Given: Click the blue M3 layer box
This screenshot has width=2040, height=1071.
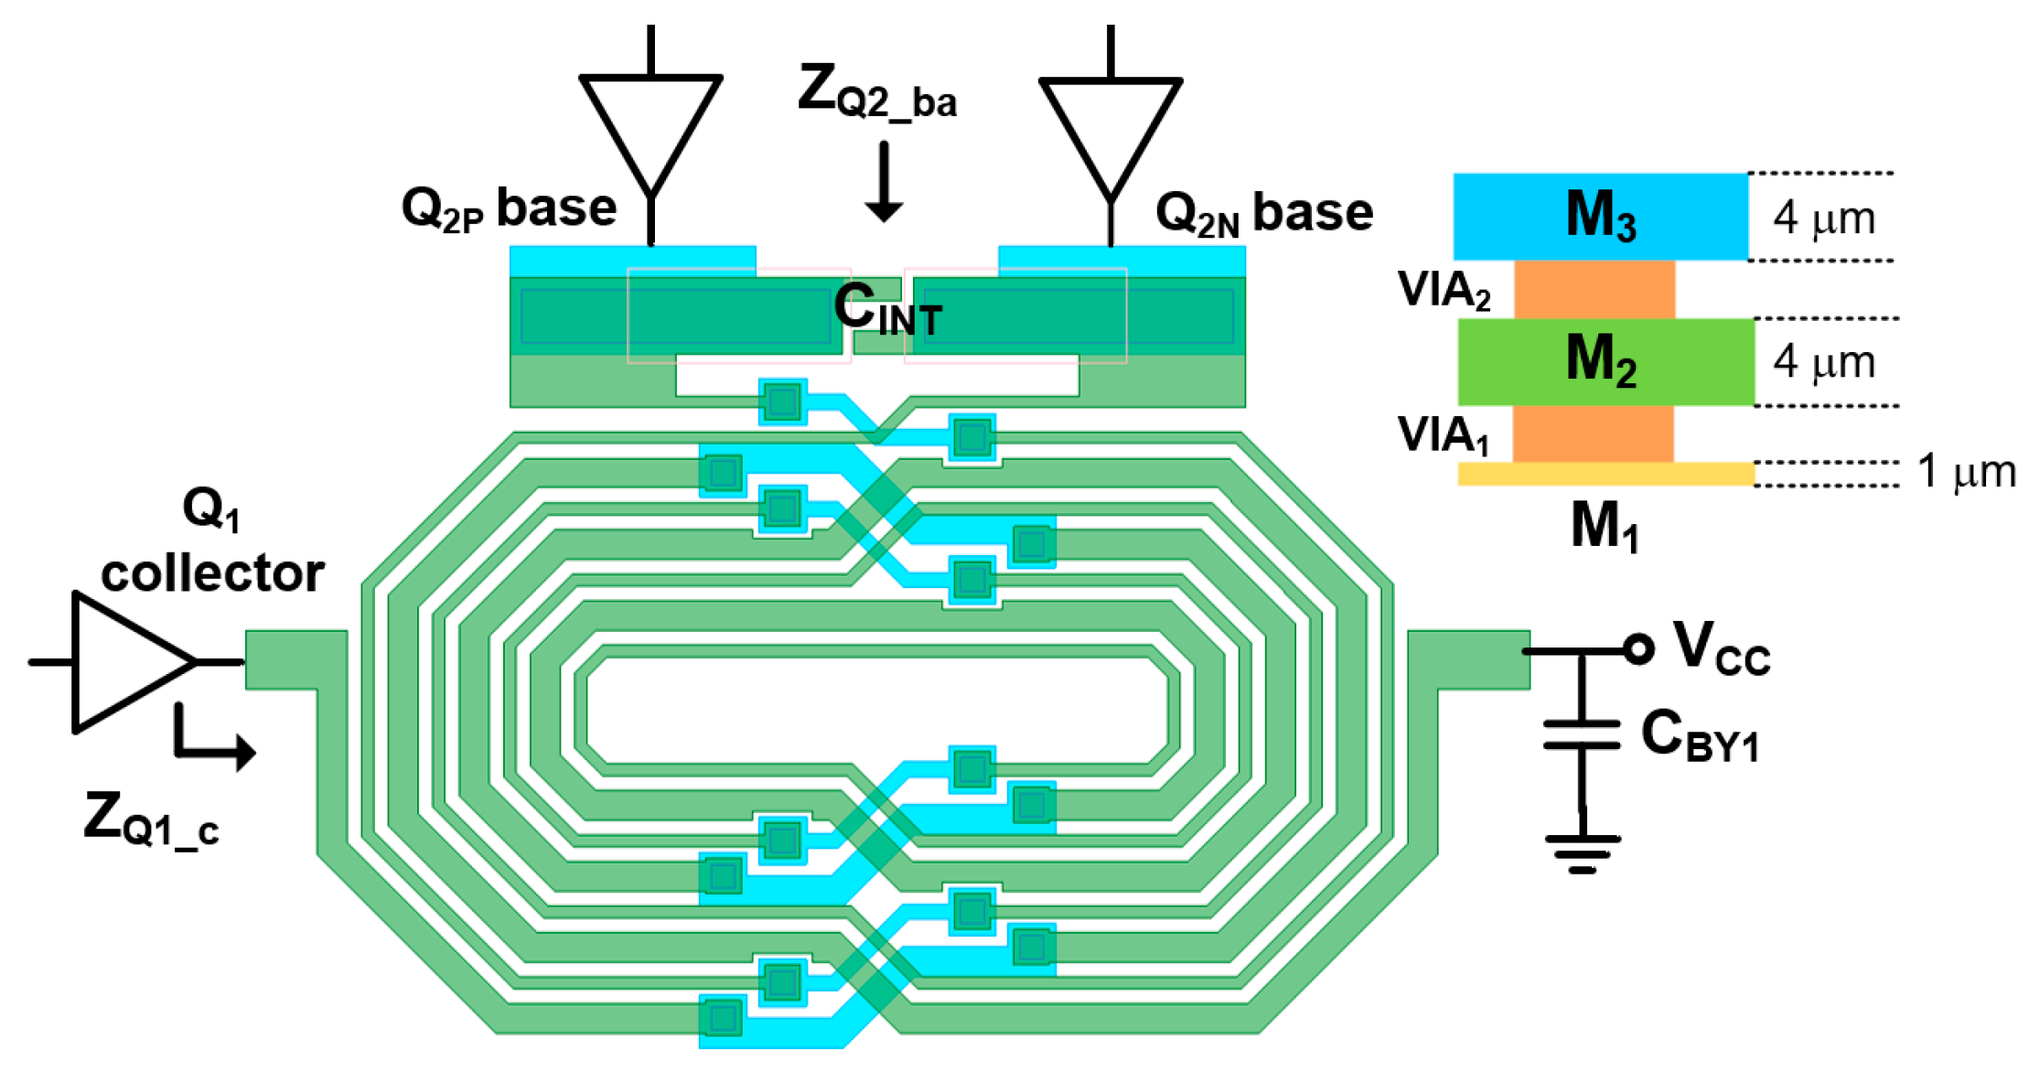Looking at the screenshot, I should (x=1600, y=216).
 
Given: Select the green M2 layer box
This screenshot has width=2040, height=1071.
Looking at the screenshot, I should (x=1605, y=361).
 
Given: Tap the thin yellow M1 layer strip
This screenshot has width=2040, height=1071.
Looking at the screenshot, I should (x=1605, y=473).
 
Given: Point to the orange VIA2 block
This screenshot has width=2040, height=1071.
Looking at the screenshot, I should (x=1594, y=289).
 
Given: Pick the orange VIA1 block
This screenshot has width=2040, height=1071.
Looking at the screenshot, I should (x=1593, y=434).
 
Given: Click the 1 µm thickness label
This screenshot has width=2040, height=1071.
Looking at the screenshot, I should (x=1966, y=472).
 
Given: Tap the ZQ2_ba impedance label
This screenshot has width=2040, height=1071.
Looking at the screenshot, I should (x=876, y=92).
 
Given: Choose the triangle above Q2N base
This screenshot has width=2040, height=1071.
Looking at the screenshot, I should (x=1110, y=128).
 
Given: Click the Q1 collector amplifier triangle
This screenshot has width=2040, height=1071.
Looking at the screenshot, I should (x=123, y=661).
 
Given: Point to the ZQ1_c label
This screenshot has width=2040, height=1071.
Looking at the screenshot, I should (x=151, y=819).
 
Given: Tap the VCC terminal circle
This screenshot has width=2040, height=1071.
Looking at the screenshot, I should (x=1638, y=649).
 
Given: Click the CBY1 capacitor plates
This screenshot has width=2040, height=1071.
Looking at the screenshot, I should (x=1582, y=734).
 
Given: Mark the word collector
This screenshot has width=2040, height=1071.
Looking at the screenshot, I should (x=212, y=574).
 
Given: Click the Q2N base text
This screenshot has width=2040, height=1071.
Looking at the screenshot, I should (x=1263, y=214).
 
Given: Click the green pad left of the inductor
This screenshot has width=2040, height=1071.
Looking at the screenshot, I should (x=295, y=659).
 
